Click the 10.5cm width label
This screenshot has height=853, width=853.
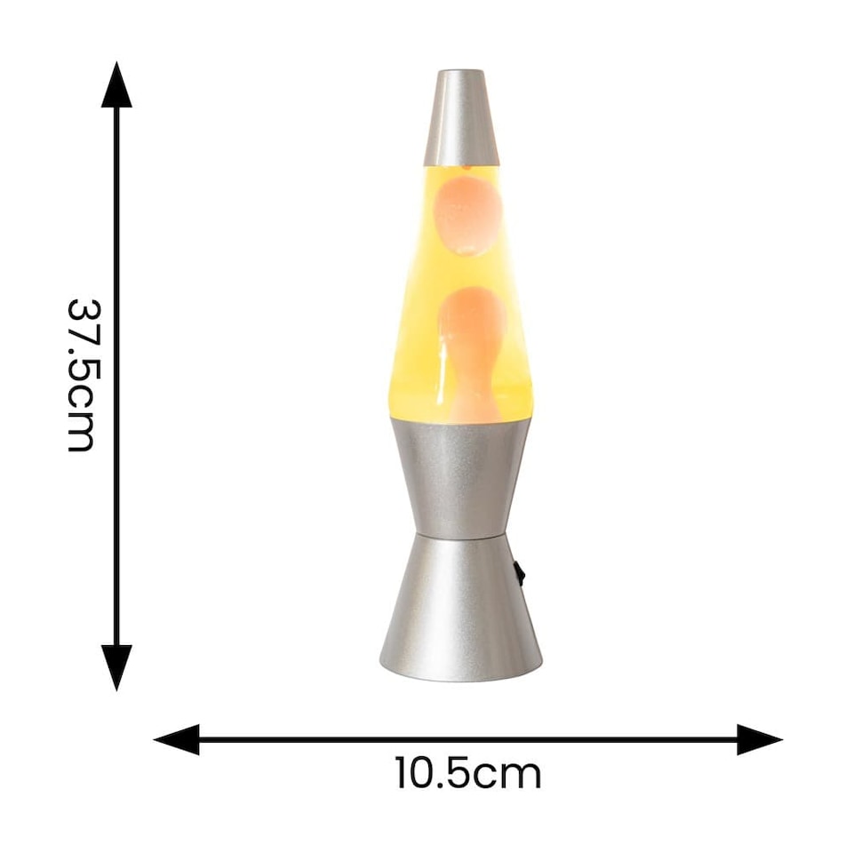point(468,774)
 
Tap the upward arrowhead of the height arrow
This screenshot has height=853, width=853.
point(116,86)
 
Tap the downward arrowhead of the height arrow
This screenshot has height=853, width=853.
point(116,666)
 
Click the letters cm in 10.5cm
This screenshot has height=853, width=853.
point(507,774)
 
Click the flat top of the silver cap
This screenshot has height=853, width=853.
point(460,72)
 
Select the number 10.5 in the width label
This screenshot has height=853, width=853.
point(433,774)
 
